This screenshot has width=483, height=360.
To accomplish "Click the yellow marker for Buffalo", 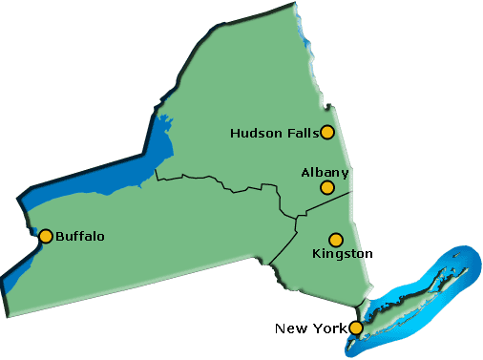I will [45, 236].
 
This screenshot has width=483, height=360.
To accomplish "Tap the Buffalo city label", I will [80, 236].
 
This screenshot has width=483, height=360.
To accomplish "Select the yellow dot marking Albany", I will [327, 187].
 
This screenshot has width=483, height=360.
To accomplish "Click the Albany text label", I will [325, 173].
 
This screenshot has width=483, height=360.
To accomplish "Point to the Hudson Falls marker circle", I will [327, 133].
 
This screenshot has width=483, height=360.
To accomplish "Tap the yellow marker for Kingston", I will [335, 239].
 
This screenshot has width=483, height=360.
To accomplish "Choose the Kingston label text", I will [343, 254].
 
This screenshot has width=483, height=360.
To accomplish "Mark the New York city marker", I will [355, 328].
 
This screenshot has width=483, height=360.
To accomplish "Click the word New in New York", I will [287, 328].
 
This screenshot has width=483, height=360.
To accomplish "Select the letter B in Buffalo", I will [60, 236].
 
